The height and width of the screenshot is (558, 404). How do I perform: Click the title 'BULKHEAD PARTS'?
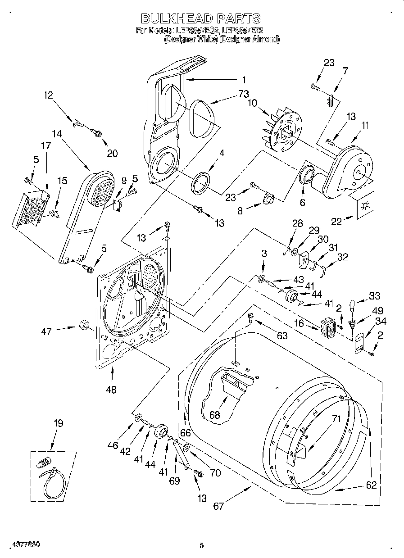tap(201, 18)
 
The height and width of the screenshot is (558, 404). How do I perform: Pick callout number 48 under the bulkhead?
tap(110, 390)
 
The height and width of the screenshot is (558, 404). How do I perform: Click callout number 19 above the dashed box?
tap(58, 423)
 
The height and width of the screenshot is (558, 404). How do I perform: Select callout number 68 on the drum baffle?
tap(215, 415)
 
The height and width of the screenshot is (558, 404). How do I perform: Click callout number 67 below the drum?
tap(218, 506)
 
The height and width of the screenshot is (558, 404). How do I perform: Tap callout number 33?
tap(374, 296)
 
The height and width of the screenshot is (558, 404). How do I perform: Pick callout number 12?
tap(48, 95)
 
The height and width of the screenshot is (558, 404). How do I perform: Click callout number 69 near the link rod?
tap(174, 481)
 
